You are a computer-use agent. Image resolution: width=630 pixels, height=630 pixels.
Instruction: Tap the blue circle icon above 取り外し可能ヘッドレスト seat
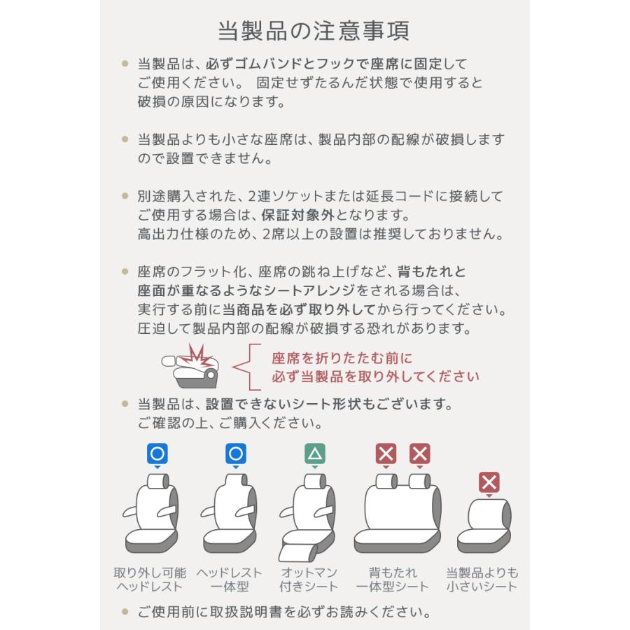[x=157, y=454]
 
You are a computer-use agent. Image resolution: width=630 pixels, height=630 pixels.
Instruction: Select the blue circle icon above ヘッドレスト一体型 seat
[x=236, y=454]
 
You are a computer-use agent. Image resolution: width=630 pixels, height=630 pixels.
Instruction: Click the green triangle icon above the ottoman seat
[x=315, y=454]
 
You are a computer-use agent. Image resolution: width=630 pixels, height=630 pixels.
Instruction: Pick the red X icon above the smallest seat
[x=489, y=482]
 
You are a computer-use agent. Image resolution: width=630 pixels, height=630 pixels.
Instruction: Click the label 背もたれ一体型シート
[x=392, y=579]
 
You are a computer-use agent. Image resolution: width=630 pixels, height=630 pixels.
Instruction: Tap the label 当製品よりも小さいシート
[x=482, y=579]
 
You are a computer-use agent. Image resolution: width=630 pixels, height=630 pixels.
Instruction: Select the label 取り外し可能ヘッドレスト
[x=150, y=579]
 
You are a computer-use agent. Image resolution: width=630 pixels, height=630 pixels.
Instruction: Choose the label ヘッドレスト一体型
[x=230, y=579]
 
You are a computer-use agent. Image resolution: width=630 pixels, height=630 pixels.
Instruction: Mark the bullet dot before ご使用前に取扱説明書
[x=125, y=612]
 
